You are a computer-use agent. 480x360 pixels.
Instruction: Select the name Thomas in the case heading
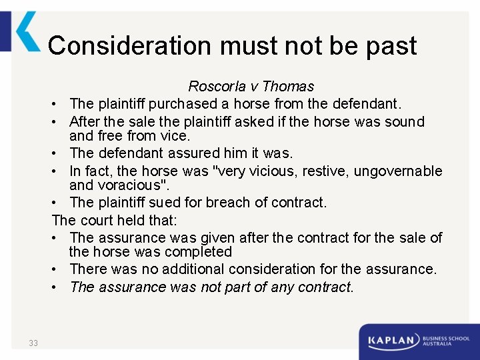click(x=289, y=87)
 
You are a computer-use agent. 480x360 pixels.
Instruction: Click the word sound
click(x=404, y=122)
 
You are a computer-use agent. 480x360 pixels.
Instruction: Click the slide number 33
click(x=33, y=343)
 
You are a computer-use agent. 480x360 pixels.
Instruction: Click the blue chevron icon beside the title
click(x=27, y=31)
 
